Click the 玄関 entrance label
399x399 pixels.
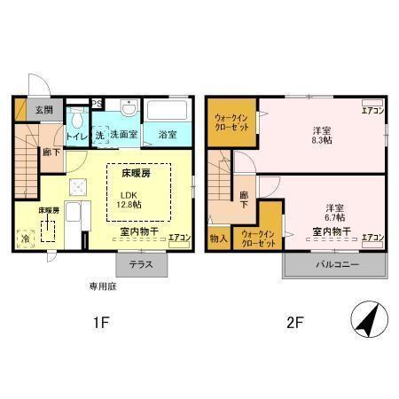click(43, 110)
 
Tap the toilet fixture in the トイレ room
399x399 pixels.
click(76, 119)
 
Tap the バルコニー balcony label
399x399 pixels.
click(336, 265)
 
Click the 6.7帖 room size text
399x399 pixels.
click(336, 217)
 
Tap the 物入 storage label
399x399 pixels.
click(218, 238)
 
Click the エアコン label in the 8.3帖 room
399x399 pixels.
click(372, 111)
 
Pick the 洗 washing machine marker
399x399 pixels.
click(99, 135)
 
